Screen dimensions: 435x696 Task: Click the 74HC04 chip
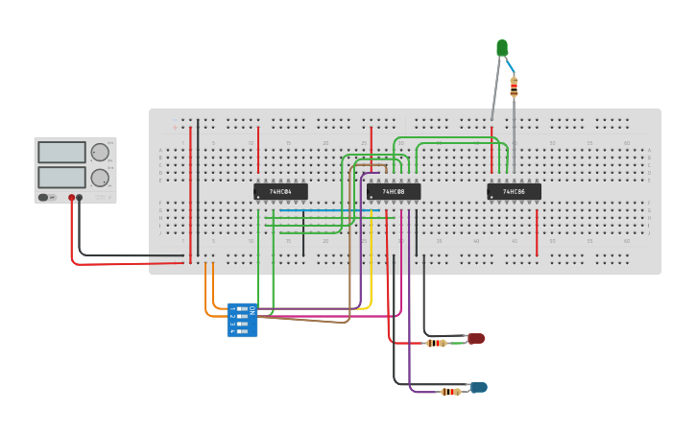pyautogui.click(x=280, y=192)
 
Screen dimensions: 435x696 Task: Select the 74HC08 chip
pyautogui.click(x=394, y=192)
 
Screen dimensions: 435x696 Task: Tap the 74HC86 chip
pyautogui.click(x=514, y=192)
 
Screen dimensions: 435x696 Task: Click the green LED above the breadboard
pyautogui.click(x=502, y=47)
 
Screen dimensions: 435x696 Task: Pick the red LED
pyautogui.click(x=476, y=338)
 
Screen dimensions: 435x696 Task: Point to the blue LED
pyautogui.click(x=478, y=387)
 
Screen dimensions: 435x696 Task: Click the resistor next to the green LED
pyautogui.click(x=514, y=87)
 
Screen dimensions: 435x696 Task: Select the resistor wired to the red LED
pyautogui.click(x=436, y=343)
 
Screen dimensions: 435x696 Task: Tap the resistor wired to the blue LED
pyautogui.click(x=450, y=392)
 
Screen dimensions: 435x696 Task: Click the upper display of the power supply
pyautogui.click(x=61, y=152)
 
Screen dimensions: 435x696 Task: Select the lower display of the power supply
pyautogui.click(x=61, y=178)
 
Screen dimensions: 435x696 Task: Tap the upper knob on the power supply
pyautogui.click(x=100, y=152)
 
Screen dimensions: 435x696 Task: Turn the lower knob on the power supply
pyautogui.click(x=100, y=178)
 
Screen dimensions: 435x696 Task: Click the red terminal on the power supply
pyautogui.click(x=71, y=198)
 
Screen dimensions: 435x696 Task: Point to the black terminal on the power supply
pyautogui.click(x=80, y=198)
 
